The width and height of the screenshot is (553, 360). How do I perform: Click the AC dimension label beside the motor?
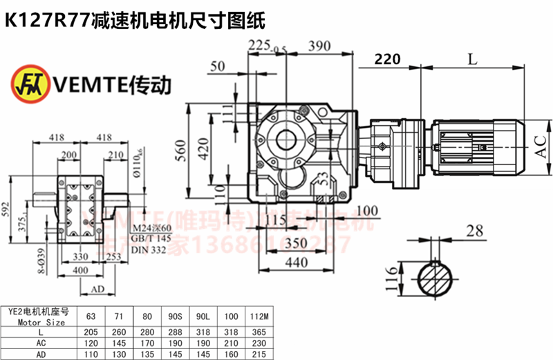pyautogui.click(x=540, y=143)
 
